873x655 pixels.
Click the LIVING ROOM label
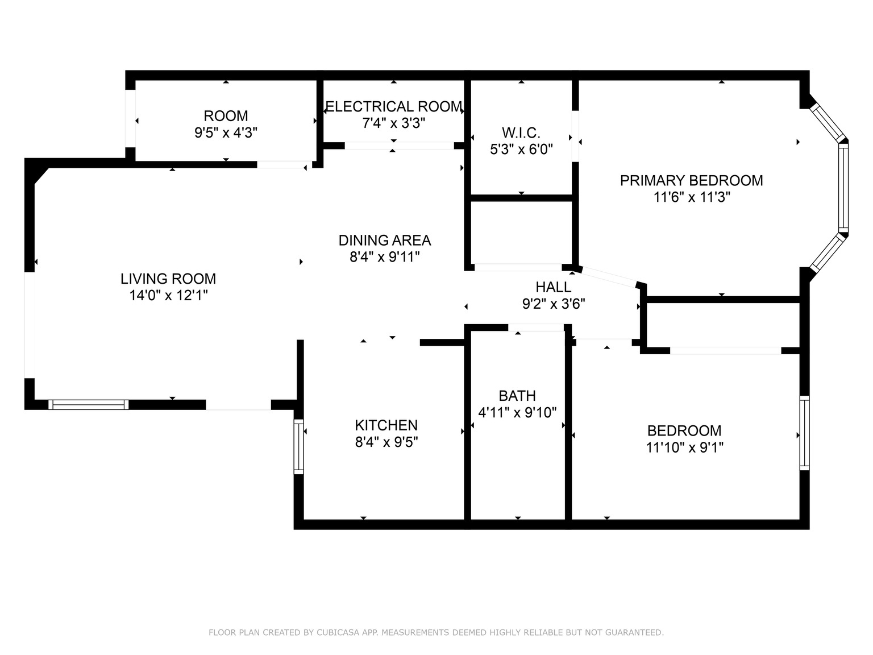[168, 279]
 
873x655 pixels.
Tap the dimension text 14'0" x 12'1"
[168, 295]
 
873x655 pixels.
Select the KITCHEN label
[386, 425]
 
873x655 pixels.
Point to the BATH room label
[517, 396]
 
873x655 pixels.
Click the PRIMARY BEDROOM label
[691, 181]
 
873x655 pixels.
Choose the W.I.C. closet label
[521, 133]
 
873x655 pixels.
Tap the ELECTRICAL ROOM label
[393, 107]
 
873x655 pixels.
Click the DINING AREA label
[385, 241]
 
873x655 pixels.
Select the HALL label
[554, 287]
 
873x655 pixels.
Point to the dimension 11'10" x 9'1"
[684, 447]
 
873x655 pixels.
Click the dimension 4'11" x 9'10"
[517, 412]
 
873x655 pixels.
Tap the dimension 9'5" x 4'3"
[226, 132]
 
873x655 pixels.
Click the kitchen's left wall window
[299, 447]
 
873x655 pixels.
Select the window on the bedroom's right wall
[804, 433]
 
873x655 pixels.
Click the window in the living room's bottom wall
[88, 404]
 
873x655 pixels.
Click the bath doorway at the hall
[536, 327]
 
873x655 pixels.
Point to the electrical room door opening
[399, 146]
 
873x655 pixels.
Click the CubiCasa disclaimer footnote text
[436, 632]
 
